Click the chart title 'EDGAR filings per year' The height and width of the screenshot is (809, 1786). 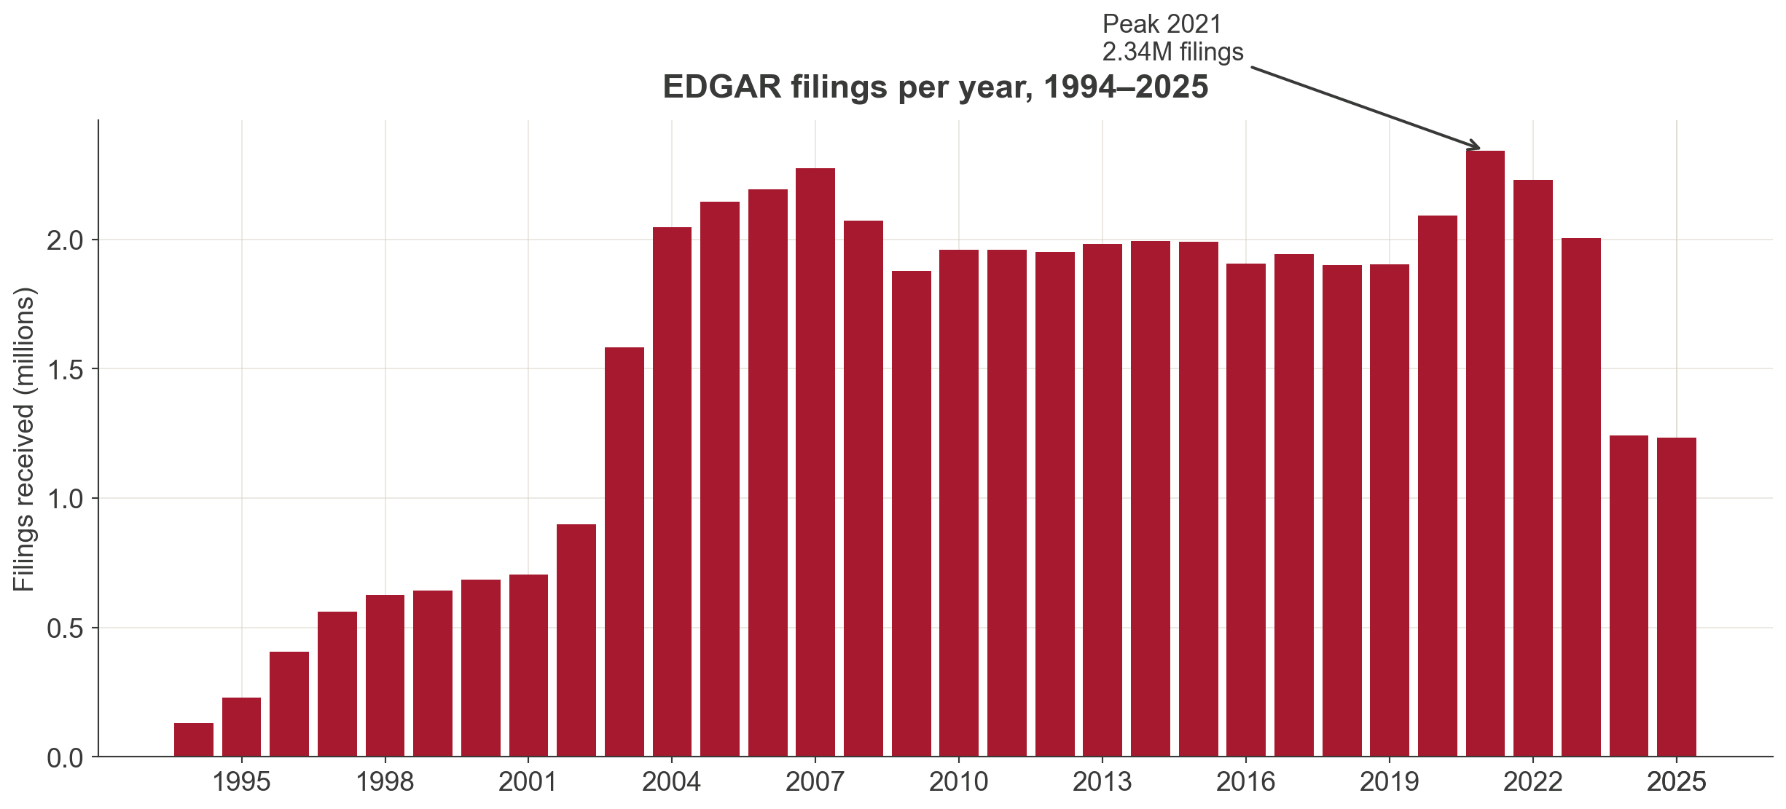pyautogui.click(x=935, y=87)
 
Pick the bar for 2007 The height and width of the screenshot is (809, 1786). pyautogui.click(x=815, y=462)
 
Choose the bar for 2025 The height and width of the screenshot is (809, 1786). pyautogui.click(x=1677, y=597)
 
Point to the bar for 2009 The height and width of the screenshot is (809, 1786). pyautogui.click(x=912, y=513)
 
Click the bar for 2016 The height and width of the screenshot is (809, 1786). pyautogui.click(x=1246, y=510)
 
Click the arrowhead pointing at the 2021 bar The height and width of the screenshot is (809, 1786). pyautogui.click(x=1476, y=146)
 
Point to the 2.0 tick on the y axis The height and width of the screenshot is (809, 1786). pyautogui.click(x=66, y=240)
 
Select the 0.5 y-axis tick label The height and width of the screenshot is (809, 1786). pyautogui.click(x=66, y=628)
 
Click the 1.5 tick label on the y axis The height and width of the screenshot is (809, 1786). pyautogui.click(x=66, y=370)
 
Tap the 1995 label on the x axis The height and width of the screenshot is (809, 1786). pyautogui.click(x=241, y=783)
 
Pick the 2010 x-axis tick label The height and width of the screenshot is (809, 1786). pyautogui.click(x=958, y=783)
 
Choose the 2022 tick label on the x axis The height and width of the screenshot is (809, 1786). pyautogui.click(x=1532, y=783)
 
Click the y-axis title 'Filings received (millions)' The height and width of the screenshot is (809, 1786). pyautogui.click(x=24, y=439)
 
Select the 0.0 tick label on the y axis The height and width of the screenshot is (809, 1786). pyautogui.click(x=66, y=759)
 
